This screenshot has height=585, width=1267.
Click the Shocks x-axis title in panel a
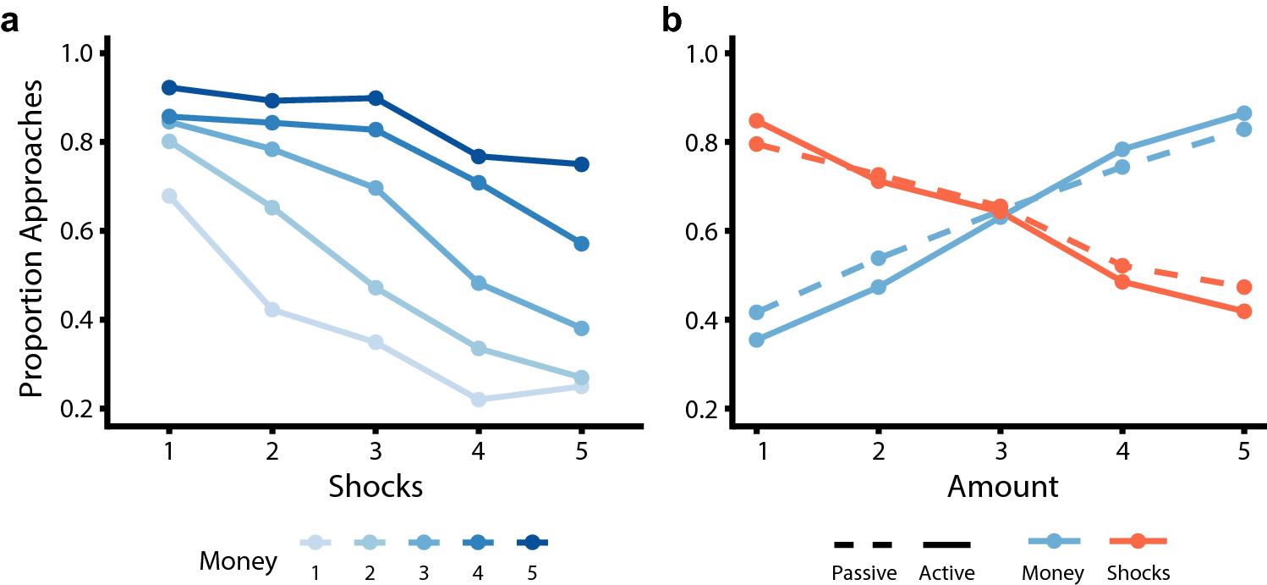point(376,486)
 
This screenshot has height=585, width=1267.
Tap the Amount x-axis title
point(1002,486)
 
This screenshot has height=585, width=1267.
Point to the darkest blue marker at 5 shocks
point(582,164)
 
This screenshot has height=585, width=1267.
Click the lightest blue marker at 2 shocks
point(272,310)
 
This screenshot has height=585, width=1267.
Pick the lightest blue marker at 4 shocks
point(479,400)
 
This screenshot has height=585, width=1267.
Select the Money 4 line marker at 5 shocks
point(582,244)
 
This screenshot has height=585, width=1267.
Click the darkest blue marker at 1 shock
point(169,88)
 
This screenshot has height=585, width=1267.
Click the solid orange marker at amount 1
point(757,121)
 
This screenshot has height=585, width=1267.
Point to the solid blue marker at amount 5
point(1243,113)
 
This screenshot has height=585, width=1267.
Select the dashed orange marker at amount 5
point(1243,288)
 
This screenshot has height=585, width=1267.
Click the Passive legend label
point(864,573)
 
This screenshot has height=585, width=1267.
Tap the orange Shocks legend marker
point(1138,541)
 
